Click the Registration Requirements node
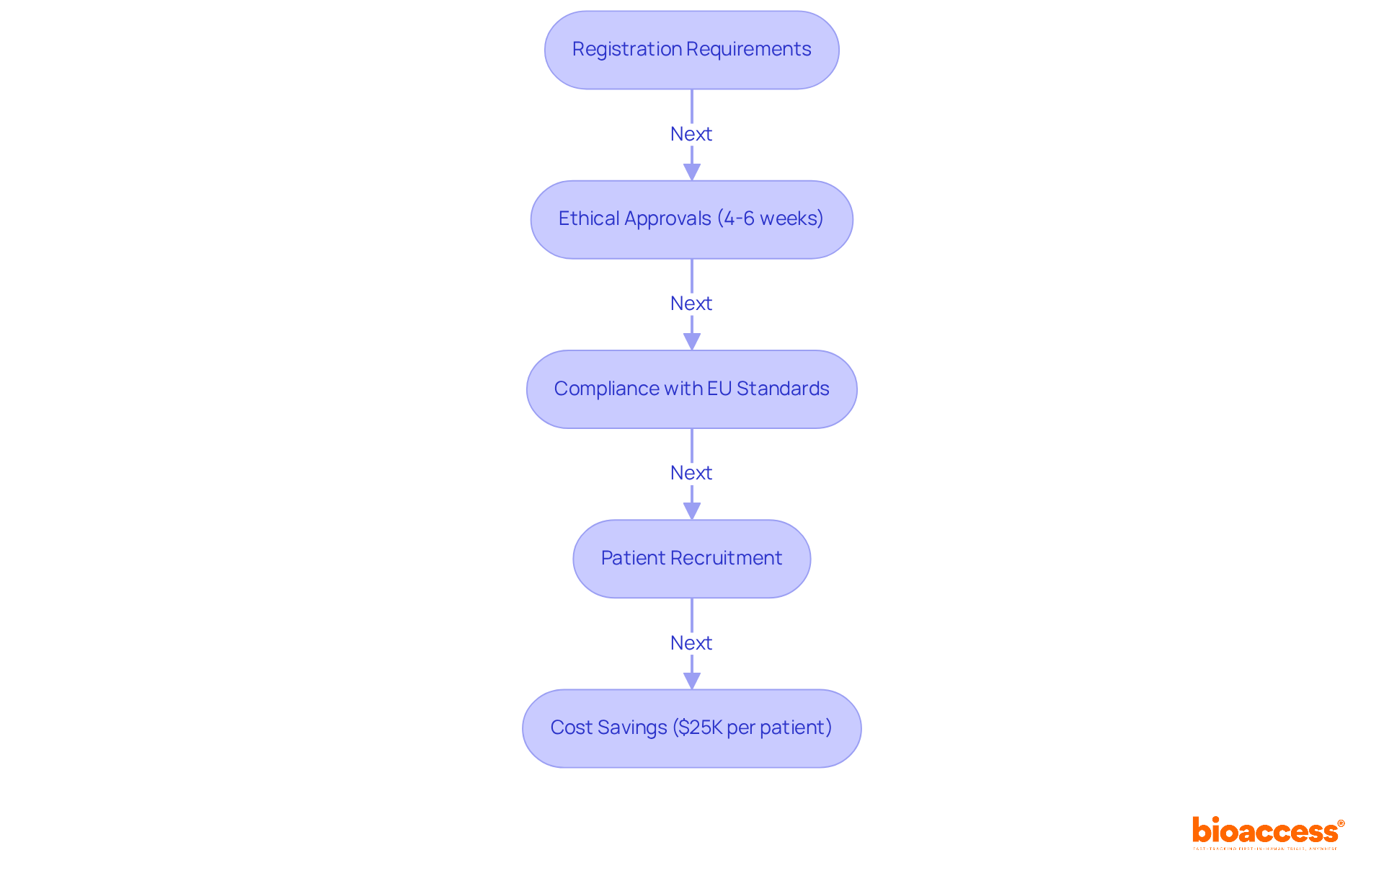pos(691,50)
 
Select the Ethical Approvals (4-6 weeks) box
pos(691,219)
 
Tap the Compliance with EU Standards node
pos(691,389)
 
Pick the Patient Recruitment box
pos(691,559)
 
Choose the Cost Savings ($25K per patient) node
pos(691,728)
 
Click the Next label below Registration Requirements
pos(691,134)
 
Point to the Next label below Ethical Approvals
pos(691,304)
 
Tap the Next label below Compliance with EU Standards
pos(691,473)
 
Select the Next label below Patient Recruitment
pos(691,643)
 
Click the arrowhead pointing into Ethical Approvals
pos(692,172)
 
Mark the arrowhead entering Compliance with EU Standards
pos(692,341)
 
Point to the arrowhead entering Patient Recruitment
pos(692,510)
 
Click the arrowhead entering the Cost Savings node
pos(692,680)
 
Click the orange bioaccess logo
pos(1267,831)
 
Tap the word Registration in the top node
pos(626,49)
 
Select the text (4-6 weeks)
pos(770,218)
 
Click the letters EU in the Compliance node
pos(719,389)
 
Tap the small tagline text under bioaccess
pos(1265,849)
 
